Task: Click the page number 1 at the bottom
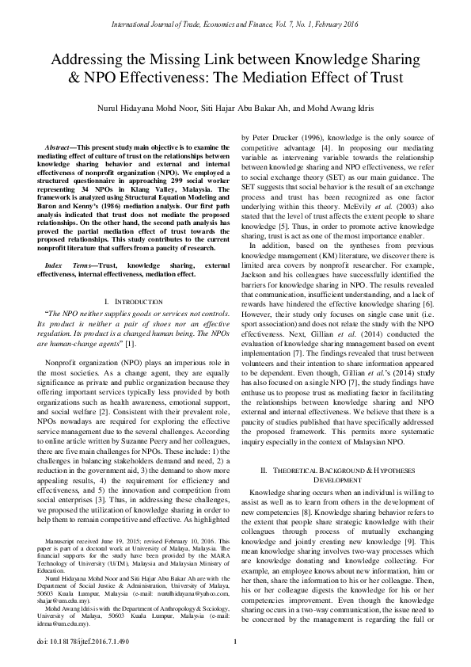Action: [x=235, y=641]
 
